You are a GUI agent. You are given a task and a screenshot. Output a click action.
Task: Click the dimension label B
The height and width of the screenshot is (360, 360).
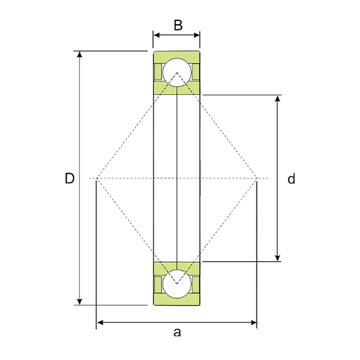(177, 25)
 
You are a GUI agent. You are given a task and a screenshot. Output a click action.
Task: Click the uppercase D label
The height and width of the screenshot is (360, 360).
(69, 178)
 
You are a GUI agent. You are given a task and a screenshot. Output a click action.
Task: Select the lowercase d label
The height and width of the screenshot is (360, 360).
(291, 179)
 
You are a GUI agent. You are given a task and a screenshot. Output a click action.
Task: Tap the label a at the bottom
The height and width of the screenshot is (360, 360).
(177, 332)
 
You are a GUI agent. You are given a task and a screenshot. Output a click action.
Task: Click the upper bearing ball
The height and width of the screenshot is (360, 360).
(177, 73)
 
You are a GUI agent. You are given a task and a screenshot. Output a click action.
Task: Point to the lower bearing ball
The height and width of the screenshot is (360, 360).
(177, 283)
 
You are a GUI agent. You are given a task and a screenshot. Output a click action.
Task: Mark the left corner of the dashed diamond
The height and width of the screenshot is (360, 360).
(97, 178)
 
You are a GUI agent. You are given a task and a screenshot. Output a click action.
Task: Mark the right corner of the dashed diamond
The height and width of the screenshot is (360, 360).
(257, 178)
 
